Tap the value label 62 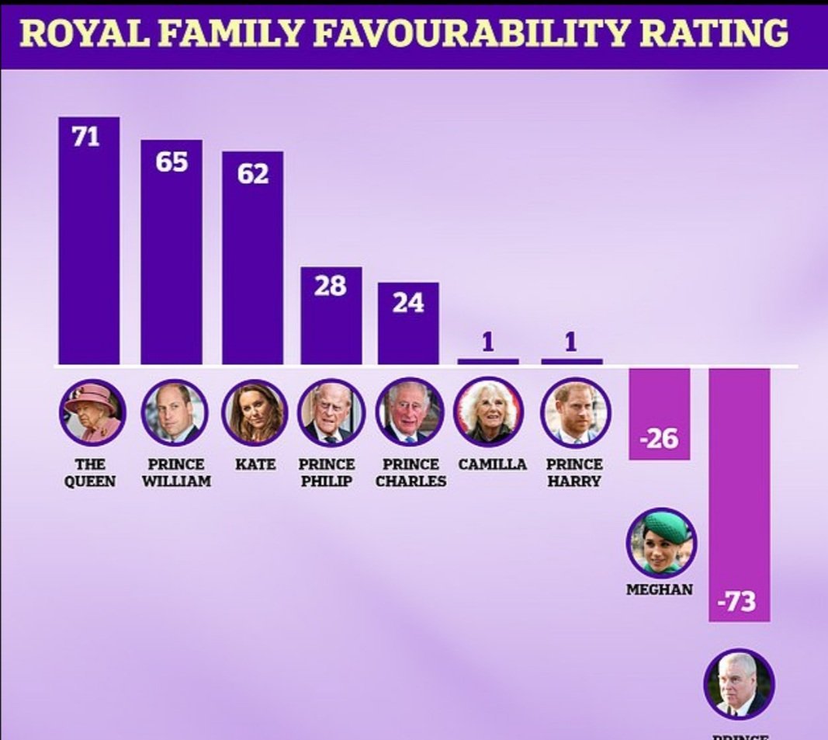pyautogui.click(x=253, y=173)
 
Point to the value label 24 pyautogui.click(x=408, y=302)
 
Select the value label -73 pyautogui.click(x=739, y=601)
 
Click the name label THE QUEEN pyautogui.click(x=90, y=472)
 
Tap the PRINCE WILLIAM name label pyautogui.click(x=175, y=472)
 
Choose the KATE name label pyautogui.click(x=255, y=464)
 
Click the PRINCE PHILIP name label pyautogui.click(x=327, y=472)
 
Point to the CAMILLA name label pyautogui.click(x=492, y=464)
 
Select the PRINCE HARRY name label pyautogui.click(x=574, y=472)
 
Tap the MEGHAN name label pyautogui.click(x=660, y=589)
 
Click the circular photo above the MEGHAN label pyautogui.click(x=661, y=542)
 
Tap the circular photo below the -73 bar pyautogui.click(x=739, y=683)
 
